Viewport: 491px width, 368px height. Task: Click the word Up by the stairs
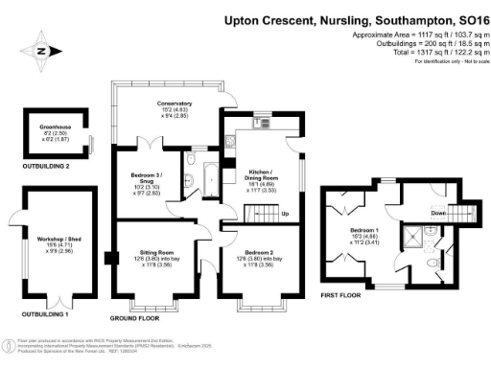point(285,213)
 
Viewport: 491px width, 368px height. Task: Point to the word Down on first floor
point(411,212)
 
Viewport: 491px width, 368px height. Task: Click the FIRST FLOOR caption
point(340,296)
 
